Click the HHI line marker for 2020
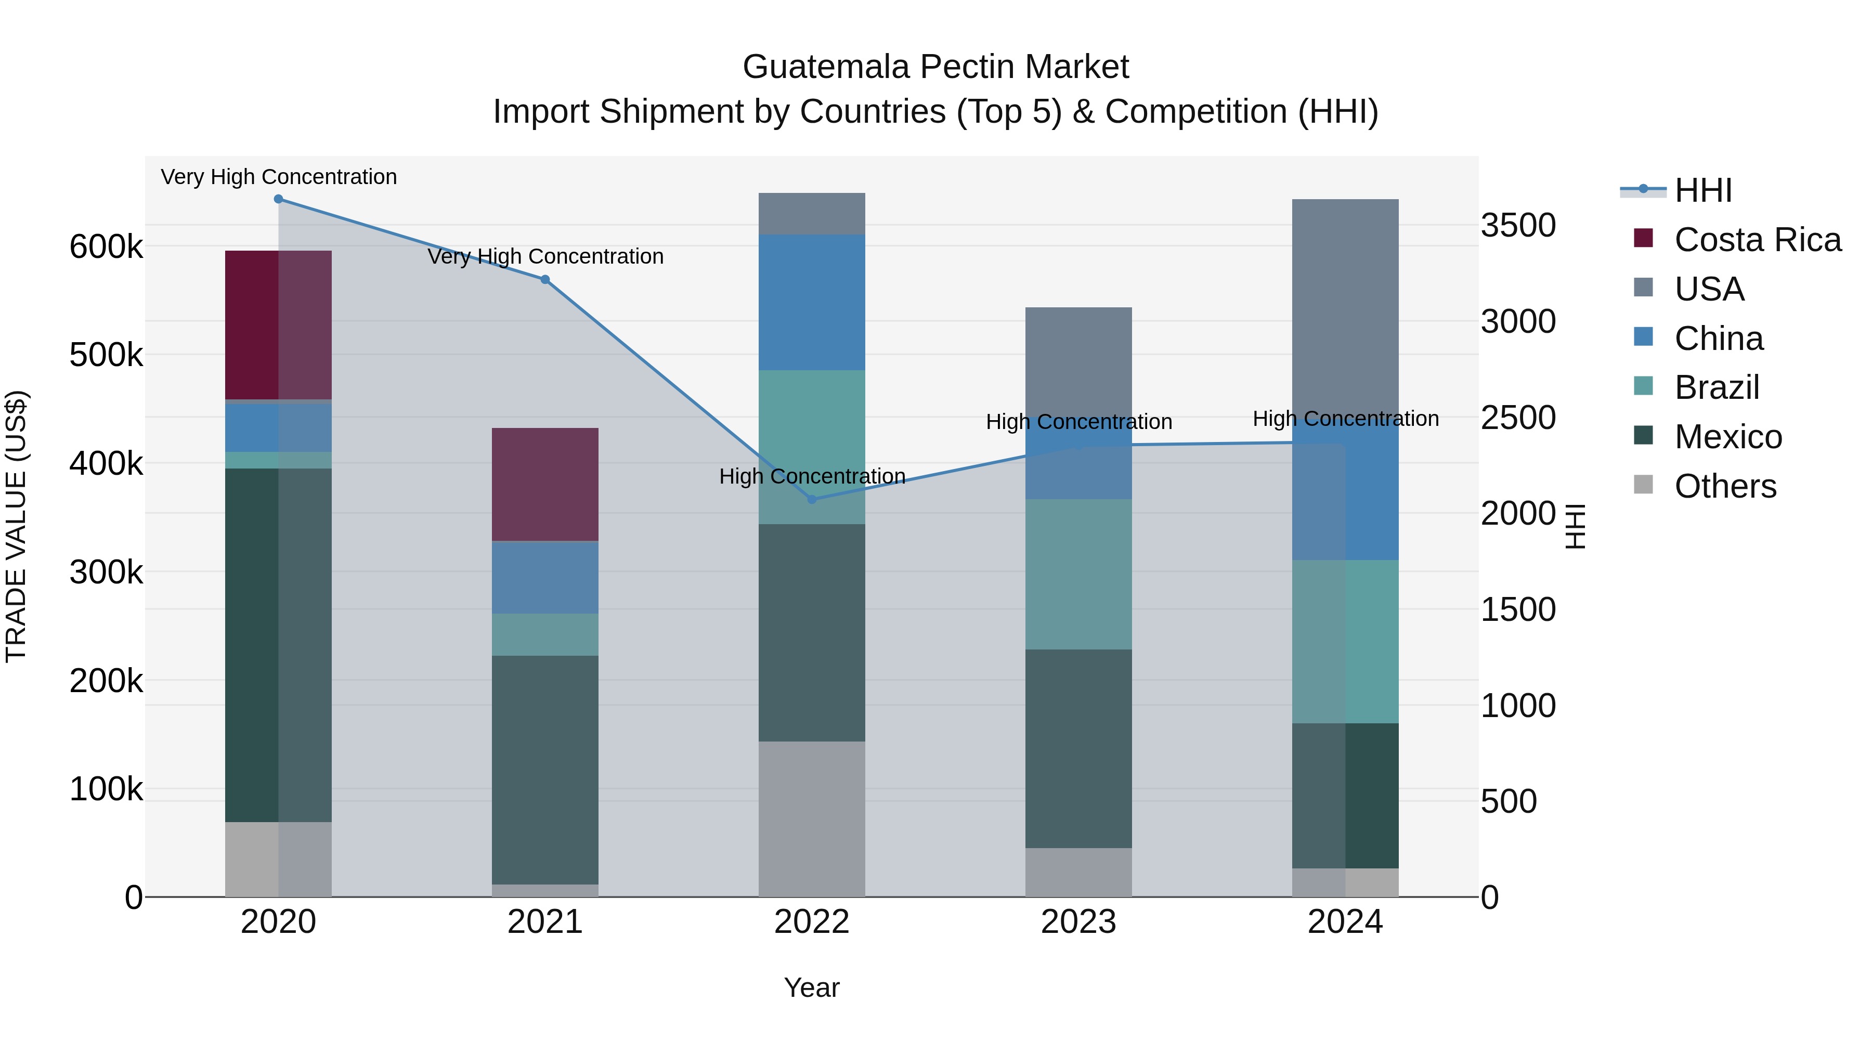click(x=278, y=199)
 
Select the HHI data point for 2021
click(x=545, y=280)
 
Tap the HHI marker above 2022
click(x=812, y=499)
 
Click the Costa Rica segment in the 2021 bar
click(x=545, y=484)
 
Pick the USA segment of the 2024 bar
click(x=1345, y=305)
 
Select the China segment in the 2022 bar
click(x=812, y=302)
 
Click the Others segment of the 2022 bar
click(x=812, y=819)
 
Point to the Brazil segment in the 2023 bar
click(x=1078, y=574)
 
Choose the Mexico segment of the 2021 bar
click(x=545, y=770)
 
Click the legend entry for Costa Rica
click(x=1757, y=240)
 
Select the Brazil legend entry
click(x=1717, y=387)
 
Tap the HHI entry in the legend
click(x=1702, y=190)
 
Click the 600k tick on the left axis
click(x=106, y=247)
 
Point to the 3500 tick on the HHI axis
click(x=1518, y=225)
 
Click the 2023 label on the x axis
click(x=1078, y=922)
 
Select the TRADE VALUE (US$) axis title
click(x=16, y=526)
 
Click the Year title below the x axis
click(x=812, y=987)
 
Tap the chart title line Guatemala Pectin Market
click(x=935, y=67)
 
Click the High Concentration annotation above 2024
click(x=1345, y=419)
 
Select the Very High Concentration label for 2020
click(x=278, y=177)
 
